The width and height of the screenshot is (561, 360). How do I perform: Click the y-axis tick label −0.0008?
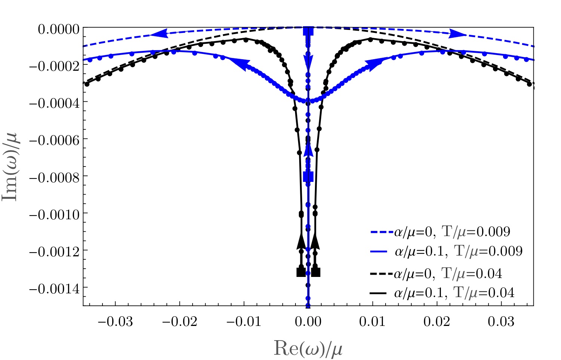click(54, 177)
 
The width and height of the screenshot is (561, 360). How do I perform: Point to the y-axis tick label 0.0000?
click(59, 29)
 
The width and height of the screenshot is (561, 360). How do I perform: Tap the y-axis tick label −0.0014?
click(54, 288)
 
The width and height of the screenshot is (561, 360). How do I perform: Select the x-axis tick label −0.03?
click(115, 321)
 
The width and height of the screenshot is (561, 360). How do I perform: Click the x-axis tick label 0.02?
click(437, 321)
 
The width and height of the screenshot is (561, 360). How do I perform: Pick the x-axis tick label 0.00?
click(308, 321)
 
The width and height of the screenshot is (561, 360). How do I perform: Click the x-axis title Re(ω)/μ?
click(308, 348)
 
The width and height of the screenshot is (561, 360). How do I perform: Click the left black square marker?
click(301, 272)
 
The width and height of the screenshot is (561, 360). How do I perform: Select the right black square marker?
click(316, 272)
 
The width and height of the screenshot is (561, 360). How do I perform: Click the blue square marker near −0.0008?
click(308, 176)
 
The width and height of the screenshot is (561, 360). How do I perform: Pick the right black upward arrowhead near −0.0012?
click(315, 241)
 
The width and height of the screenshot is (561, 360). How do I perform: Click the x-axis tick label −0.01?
click(244, 321)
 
